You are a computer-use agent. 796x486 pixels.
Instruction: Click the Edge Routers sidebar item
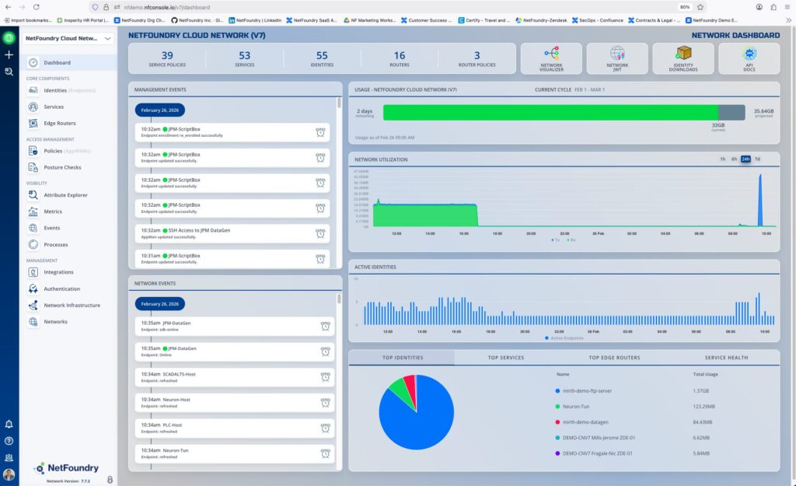pyautogui.click(x=59, y=123)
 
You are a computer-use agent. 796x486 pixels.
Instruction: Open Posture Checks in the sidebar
pyautogui.click(x=61, y=167)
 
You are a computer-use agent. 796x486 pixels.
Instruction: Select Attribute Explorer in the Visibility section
pyautogui.click(x=65, y=195)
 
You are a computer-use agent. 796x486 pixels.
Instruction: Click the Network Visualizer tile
pyautogui.click(x=551, y=58)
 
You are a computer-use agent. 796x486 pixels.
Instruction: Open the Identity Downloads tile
pyautogui.click(x=683, y=58)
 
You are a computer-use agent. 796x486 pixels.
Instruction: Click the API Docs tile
pyautogui.click(x=749, y=58)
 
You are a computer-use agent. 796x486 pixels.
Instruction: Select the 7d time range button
pyautogui.click(x=757, y=159)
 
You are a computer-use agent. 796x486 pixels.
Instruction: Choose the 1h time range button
pyautogui.click(x=722, y=159)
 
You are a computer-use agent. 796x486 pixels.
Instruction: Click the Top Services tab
pyautogui.click(x=506, y=358)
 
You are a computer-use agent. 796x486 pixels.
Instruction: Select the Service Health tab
pyautogui.click(x=726, y=358)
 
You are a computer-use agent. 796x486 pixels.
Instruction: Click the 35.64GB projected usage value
pyautogui.click(x=763, y=111)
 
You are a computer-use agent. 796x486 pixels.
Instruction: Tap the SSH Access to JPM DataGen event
pyautogui.click(x=199, y=230)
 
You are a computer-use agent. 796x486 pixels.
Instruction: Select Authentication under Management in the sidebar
pyautogui.click(x=61, y=288)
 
